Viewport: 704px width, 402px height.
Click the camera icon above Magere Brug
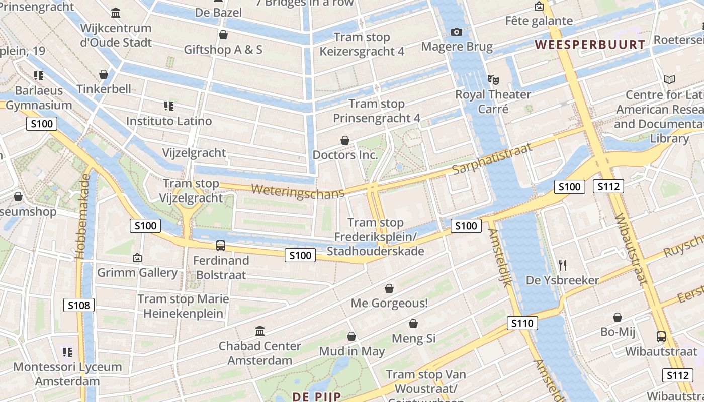click(x=457, y=32)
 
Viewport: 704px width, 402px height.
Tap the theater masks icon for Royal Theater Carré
click(x=493, y=79)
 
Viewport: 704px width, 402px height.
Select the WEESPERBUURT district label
click(x=590, y=45)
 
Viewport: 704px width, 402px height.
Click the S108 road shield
click(x=79, y=305)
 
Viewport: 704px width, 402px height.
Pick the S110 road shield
click(x=522, y=323)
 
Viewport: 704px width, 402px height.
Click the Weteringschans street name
click(x=298, y=191)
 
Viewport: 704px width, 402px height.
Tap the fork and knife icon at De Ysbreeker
click(x=563, y=265)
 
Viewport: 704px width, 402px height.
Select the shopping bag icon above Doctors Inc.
click(x=345, y=140)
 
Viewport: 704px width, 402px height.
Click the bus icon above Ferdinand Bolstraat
click(x=221, y=246)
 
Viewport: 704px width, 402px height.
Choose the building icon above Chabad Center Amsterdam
click(x=260, y=331)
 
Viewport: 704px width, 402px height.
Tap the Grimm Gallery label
click(x=137, y=273)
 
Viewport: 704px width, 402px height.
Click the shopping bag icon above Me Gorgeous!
click(x=389, y=288)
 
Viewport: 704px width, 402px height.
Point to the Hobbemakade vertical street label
click(x=83, y=217)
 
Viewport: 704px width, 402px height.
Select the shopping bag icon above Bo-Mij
click(x=618, y=317)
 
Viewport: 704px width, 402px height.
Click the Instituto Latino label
click(x=169, y=121)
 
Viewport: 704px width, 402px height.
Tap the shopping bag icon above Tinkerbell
click(x=104, y=74)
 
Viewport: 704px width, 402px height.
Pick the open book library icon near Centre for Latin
click(x=669, y=79)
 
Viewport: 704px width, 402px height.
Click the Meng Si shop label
click(x=413, y=338)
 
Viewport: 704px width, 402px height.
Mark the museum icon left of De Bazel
click(x=116, y=12)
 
